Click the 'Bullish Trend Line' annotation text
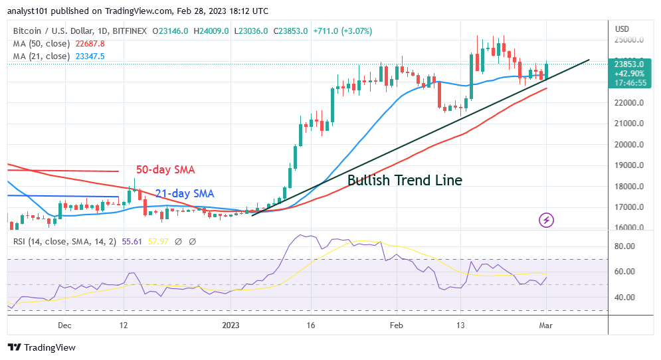click(x=405, y=180)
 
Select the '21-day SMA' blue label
click(x=184, y=193)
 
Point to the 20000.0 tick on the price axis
click(x=630, y=145)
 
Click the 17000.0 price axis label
click(x=630, y=207)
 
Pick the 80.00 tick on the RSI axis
click(x=625, y=246)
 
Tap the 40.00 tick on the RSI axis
click(x=625, y=298)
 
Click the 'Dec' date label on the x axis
click(x=64, y=326)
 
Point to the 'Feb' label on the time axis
click(x=396, y=326)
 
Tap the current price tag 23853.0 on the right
click(x=629, y=64)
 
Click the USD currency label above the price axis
click(x=622, y=29)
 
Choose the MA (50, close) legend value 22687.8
click(x=89, y=44)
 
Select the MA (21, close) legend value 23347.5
click(x=89, y=56)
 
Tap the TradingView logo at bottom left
click(x=42, y=347)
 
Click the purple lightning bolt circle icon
click(x=546, y=220)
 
